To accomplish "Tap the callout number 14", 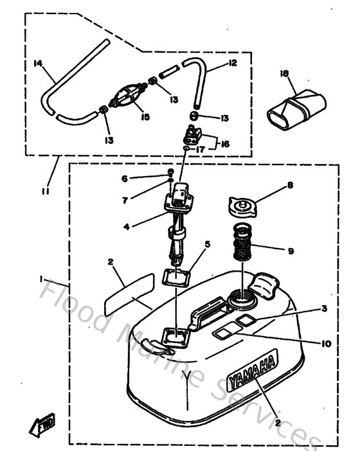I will [37, 63].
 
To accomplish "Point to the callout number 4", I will [127, 225].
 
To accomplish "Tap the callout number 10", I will [327, 344].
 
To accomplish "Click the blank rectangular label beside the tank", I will [129, 292].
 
